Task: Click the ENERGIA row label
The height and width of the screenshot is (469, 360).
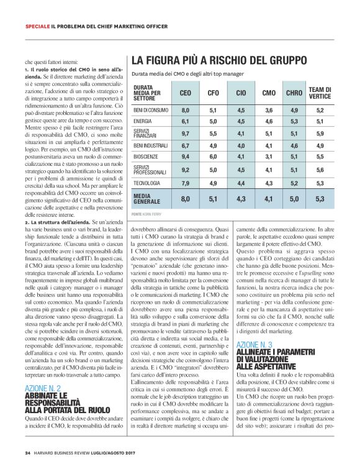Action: (x=143, y=121)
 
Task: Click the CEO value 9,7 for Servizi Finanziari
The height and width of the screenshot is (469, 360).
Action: (x=185, y=133)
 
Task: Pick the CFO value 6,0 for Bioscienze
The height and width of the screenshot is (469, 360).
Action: (x=213, y=157)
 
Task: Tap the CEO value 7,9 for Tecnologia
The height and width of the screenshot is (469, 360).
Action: (x=185, y=183)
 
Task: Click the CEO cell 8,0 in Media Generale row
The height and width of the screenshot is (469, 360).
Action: (x=185, y=199)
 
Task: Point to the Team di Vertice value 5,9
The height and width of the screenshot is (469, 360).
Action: (x=320, y=133)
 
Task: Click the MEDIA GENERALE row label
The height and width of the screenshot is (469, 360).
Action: (x=146, y=199)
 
